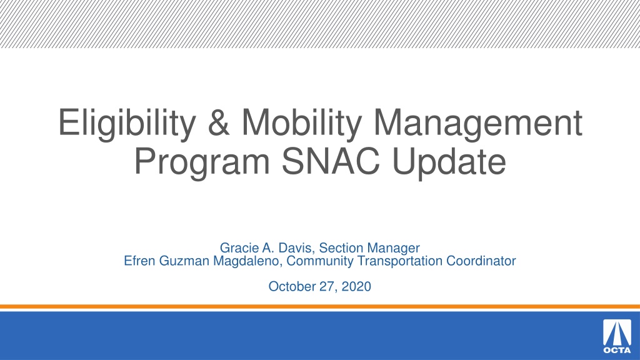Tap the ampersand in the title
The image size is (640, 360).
pos(219,122)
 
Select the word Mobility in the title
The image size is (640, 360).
pos(302,123)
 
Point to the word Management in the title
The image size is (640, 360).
pos(478,123)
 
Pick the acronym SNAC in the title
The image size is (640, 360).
pos(331,161)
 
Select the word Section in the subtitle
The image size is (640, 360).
pos(341,247)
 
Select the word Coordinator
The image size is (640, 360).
pos(481,261)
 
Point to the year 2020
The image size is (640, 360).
pos(356,286)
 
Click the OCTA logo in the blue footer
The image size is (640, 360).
pos(617,336)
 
